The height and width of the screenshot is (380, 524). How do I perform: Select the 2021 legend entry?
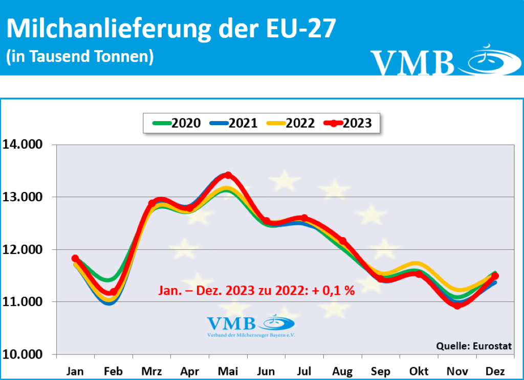tap(235, 123)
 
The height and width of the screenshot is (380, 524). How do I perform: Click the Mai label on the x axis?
tap(228, 371)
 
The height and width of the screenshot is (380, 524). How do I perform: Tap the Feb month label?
tap(113, 371)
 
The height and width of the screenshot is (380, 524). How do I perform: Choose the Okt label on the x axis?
tap(419, 371)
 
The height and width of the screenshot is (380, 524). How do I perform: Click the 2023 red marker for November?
tap(457, 305)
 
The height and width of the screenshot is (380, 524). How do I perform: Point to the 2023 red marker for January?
tap(75, 258)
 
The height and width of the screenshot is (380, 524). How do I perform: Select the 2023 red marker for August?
tap(343, 241)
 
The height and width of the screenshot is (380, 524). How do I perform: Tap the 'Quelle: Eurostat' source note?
tap(473, 346)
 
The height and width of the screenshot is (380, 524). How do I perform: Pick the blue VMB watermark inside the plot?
tap(251, 325)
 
